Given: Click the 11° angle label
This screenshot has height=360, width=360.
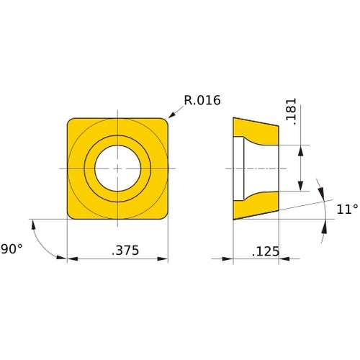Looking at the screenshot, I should [346, 210].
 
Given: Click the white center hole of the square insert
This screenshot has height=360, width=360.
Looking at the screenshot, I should [117, 168].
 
